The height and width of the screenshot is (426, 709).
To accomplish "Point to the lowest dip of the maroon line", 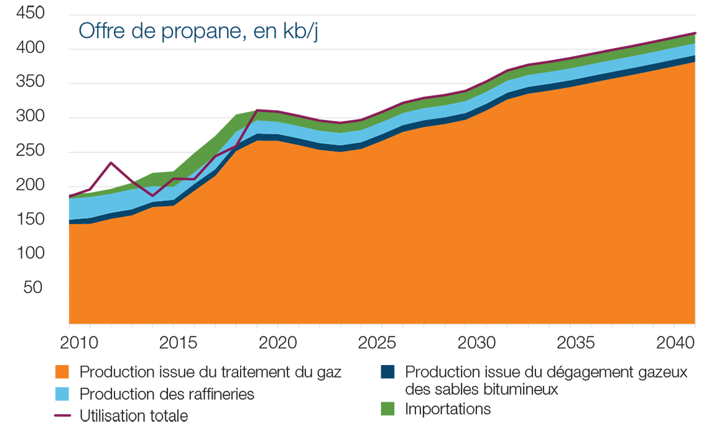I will [x=153, y=196].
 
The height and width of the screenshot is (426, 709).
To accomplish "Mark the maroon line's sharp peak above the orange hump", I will [x=256, y=112].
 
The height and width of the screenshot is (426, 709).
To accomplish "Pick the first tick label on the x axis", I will [x=81, y=335].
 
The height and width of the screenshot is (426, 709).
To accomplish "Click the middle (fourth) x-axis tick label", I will [x=379, y=335].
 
